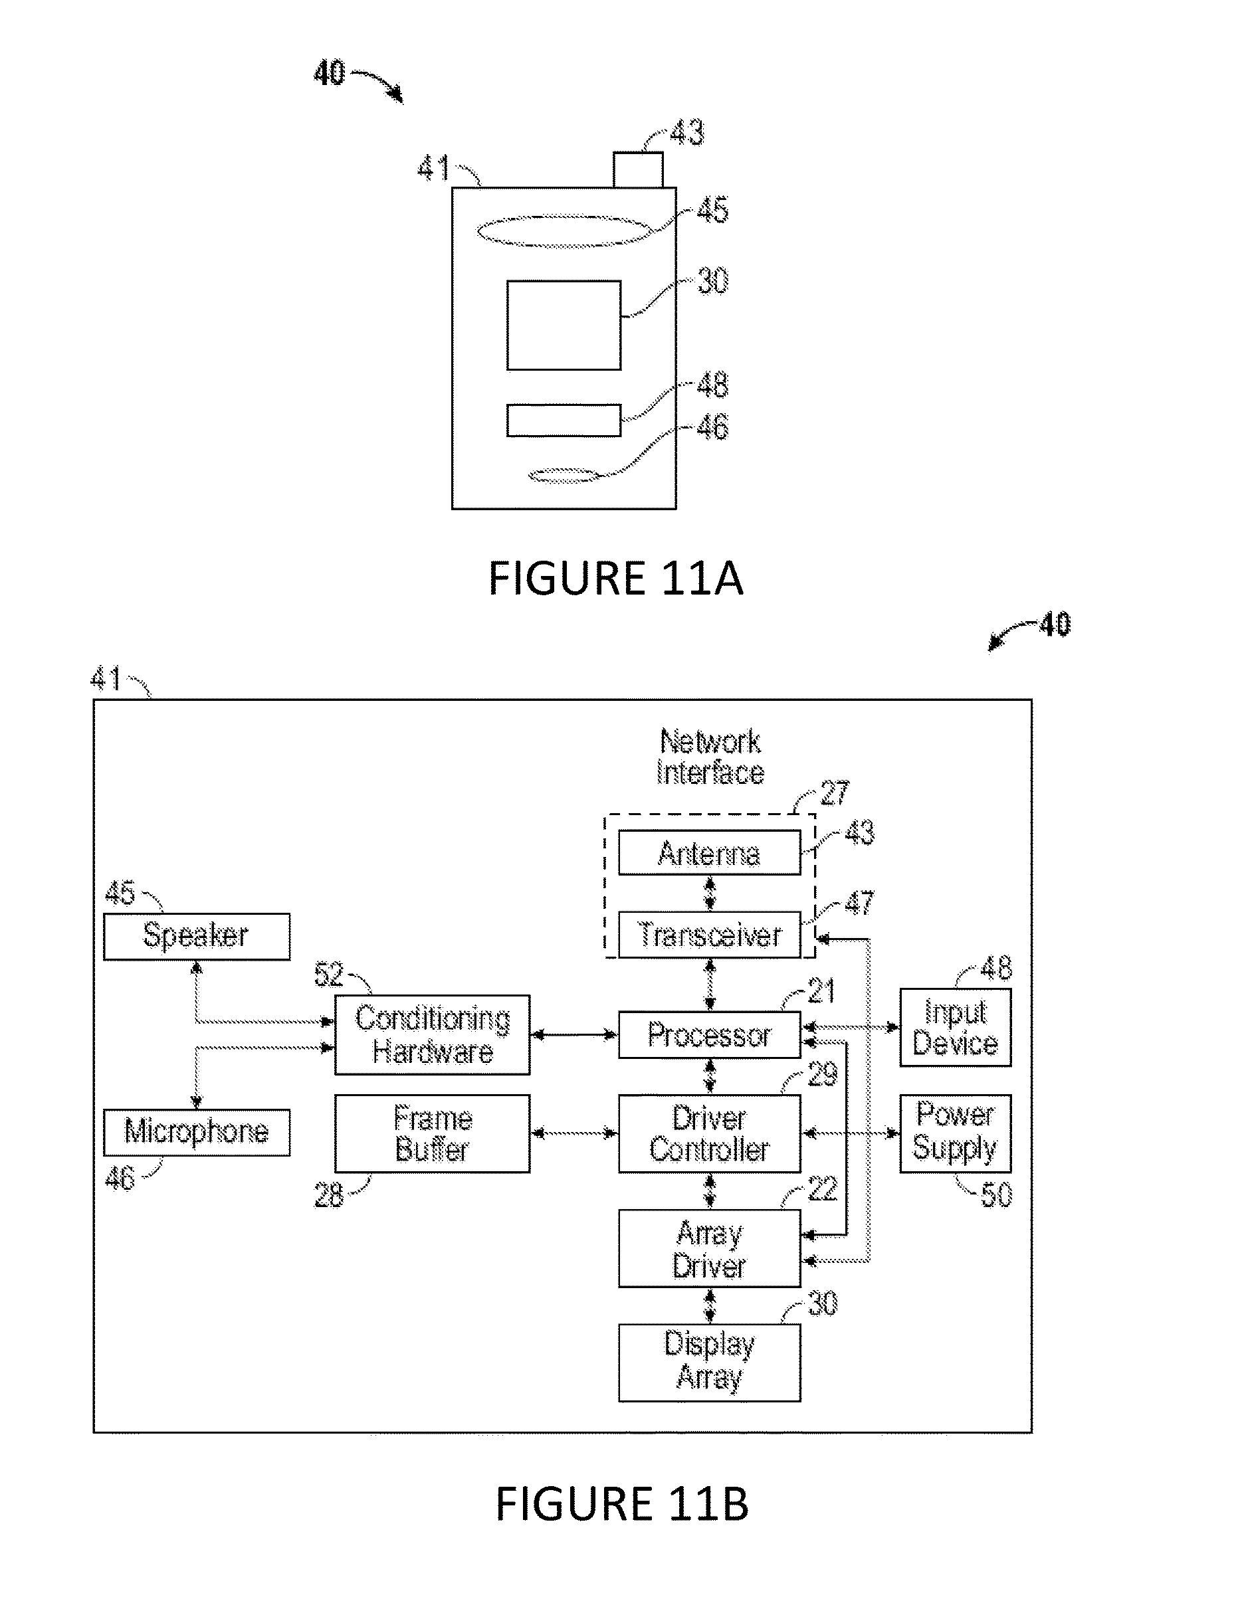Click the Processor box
pos(709,1034)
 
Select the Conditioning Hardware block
pos(432,1034)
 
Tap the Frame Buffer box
pos(432,1133)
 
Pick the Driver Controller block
pos(709,1133)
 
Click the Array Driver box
pos(709,1248)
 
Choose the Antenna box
pos(709,852)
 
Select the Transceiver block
pos(709,935)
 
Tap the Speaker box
pos(196,937)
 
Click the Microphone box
pos(196,1132)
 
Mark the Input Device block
pos(955,1028)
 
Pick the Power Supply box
pos(955,1133)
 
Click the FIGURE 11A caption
pos(615,579)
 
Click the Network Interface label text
pos(710,757)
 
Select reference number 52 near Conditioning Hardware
pos(329,975)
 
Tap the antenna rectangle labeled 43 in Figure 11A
pos(638,169)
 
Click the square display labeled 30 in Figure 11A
pos(564,325)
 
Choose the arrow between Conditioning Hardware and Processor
pos(574,1035)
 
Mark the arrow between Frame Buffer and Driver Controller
pos(574,1133)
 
